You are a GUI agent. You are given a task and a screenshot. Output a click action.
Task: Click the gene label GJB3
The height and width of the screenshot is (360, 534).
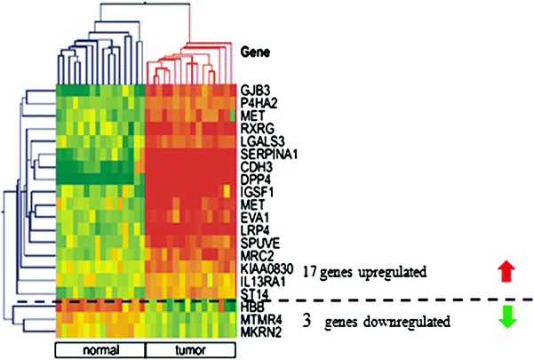click(x=253, y=90)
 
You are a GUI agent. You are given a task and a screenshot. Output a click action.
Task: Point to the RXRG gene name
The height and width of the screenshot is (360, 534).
click(x=256, y=128)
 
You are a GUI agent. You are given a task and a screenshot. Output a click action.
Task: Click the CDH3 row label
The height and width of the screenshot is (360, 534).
click(x=255, y=166)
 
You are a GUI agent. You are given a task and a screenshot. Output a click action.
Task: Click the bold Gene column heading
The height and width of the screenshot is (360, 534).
click(x=257, y=52)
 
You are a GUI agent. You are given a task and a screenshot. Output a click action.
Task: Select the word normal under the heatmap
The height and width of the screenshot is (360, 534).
click(x=100, y=348)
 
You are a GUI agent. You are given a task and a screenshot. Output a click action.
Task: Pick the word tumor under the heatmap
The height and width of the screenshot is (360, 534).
click(x=188, y=348)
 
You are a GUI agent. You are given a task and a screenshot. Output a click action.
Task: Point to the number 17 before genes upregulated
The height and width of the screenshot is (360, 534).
click(x=307, y=269)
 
